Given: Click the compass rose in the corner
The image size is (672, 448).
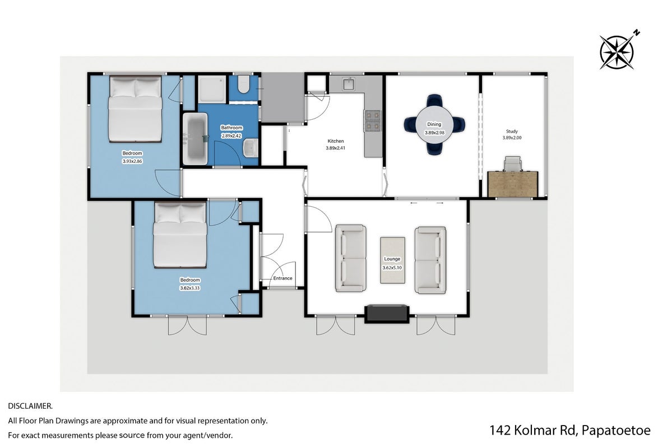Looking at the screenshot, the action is (x=617, y=52).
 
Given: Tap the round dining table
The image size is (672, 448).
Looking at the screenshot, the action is (x=434, y=124).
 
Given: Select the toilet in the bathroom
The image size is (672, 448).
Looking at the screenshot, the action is (x=243, y=85).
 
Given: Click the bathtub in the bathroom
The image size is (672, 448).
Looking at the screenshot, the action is (x=195, y=138).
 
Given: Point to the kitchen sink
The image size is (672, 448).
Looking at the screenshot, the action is (x=349, y=84).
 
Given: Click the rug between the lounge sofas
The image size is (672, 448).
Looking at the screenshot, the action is (x=392, y=260).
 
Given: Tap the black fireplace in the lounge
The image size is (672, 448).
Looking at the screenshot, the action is (x=386, y=313).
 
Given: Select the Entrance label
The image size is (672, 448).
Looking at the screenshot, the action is (x=283, y=278).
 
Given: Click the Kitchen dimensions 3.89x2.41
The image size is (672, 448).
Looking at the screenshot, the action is (x=336, y=148).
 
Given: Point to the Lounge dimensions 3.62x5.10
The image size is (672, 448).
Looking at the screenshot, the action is (x=392, y=268).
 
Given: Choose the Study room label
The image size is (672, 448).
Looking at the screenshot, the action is (x=512, y=132).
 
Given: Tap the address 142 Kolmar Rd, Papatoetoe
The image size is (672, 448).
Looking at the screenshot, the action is (x=570, y=430).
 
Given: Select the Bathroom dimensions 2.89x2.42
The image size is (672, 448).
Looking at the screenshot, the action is (x=231, y=136).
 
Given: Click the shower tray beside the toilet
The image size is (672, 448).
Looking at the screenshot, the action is (x=212, y=90).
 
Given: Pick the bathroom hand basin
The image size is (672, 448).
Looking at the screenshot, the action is (x=251, y=148).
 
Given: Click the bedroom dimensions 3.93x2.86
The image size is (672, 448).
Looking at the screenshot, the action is (x=132, y=161).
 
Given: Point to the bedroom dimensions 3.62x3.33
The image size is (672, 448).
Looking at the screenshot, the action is (x=190, y=288).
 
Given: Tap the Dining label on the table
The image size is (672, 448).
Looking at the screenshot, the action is (x=434, y=124).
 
